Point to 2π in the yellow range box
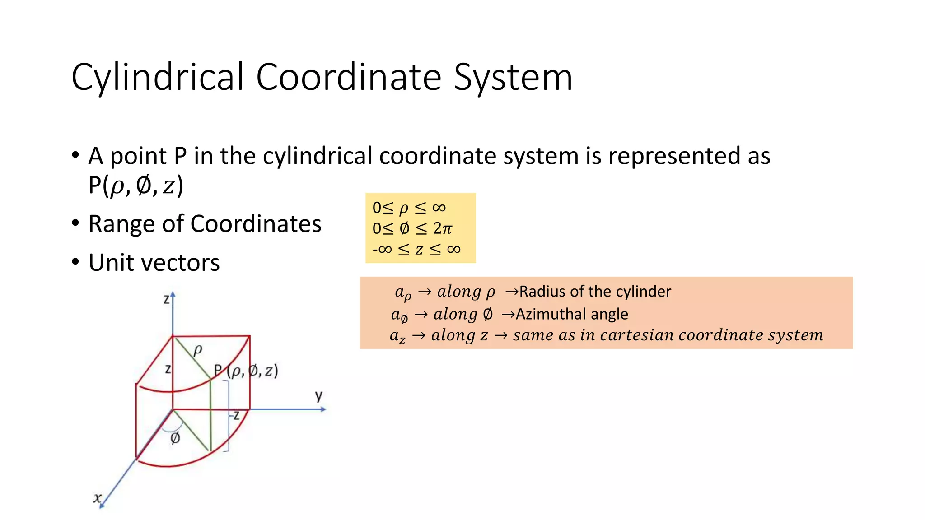(x=442, y=228)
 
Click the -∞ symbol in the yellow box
(x=382, y=249)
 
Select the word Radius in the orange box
(x=542, y=292)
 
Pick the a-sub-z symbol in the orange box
(x=397, y=336)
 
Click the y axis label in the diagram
(x=319, y=395)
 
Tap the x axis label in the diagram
(x=97, y=498)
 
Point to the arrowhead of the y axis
(x=323, y=409)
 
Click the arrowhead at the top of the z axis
(x=173, y=294)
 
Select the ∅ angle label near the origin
(x=175, y=438)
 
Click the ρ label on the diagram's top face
(x=197, y=349)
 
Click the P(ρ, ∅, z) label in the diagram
(x=246, y=371)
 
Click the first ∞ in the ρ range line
(x=439, y=208)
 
